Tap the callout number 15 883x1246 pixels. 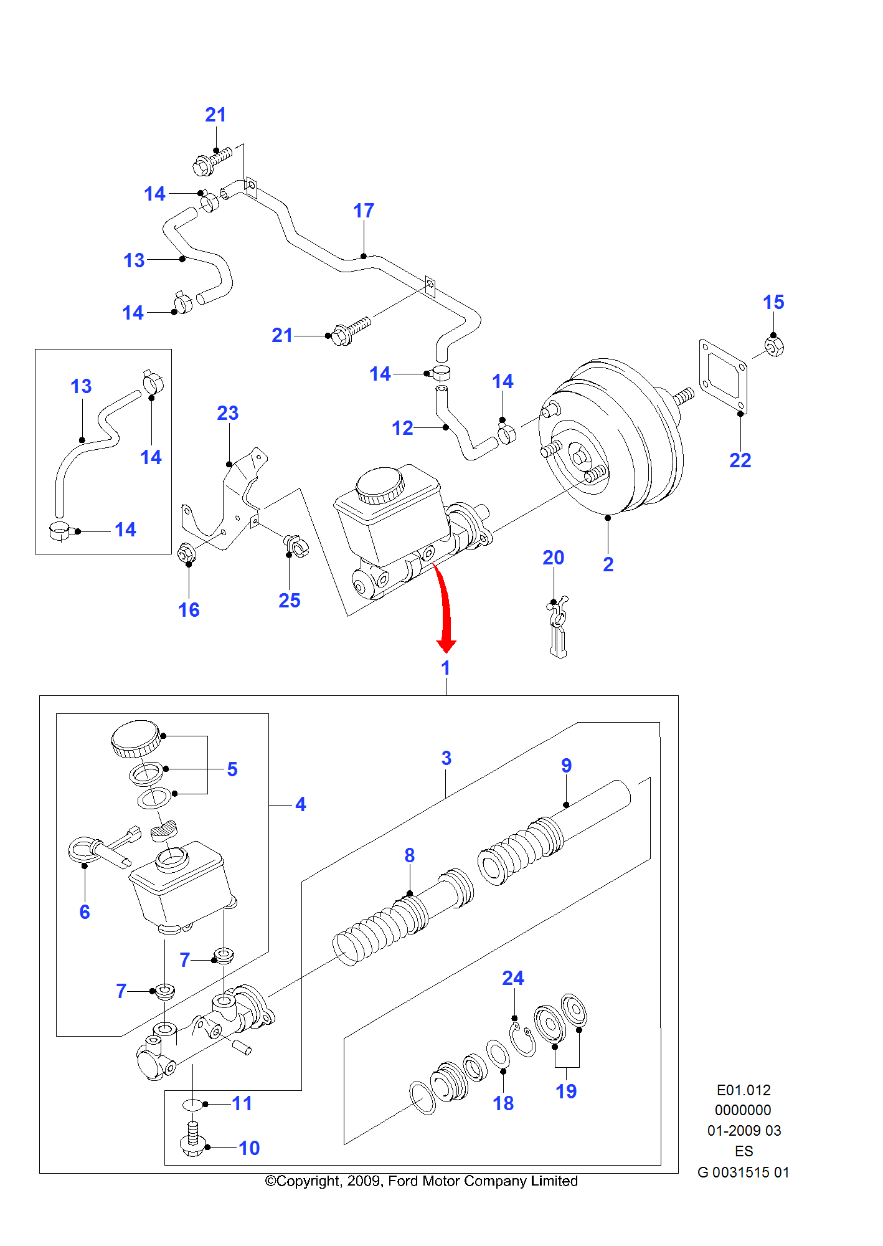(x=773, y=303)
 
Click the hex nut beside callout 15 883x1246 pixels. (x=773, y=346)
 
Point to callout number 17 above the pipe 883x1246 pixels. (x=364, y=211)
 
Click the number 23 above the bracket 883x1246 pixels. (x=227, y=414)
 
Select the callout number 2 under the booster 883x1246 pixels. (x=608, y=564)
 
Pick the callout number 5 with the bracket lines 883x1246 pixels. (x=232, y=769)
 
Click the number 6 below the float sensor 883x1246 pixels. (x=85, y=912)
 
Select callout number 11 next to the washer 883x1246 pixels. (x=242, y=1104)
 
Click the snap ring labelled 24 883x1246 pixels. (x=522, y=1040)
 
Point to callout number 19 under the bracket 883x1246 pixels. (x=566, y=1091)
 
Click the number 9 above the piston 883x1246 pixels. (x=566, y=766)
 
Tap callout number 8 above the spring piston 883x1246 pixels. (x=409, y=856)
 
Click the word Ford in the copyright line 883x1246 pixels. (x=403, y=1181)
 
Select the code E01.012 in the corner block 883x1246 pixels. (x=743, y=1090)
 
